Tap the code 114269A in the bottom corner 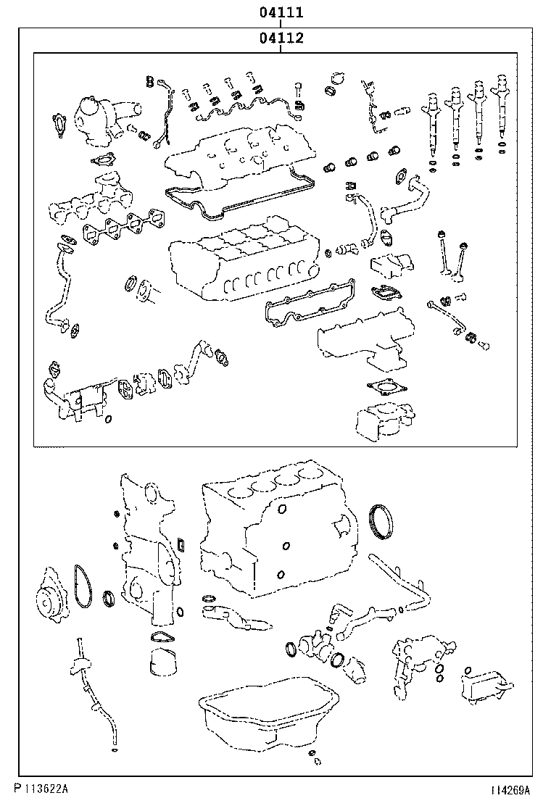509,789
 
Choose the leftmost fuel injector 432,123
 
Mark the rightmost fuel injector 502,116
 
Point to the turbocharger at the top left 98,119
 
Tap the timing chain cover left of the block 149,551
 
